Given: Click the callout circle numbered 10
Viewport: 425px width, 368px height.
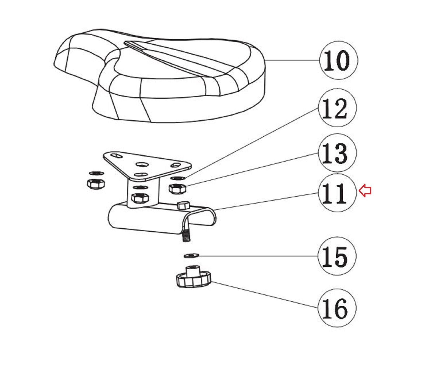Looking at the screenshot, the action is coord(338,60).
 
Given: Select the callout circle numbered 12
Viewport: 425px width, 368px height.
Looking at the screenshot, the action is coord(337,108).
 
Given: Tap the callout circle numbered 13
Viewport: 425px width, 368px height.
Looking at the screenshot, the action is coord(337,153).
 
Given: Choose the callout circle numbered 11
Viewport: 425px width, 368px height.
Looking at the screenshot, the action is coord(337,193).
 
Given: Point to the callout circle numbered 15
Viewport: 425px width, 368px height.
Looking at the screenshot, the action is coord(337,256).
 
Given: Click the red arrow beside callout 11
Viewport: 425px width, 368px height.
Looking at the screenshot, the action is coord(365,191).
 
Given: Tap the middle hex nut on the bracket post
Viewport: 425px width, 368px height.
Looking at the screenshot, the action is coord(140,197).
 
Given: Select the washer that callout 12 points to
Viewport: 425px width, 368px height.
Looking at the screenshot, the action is coord(177,178).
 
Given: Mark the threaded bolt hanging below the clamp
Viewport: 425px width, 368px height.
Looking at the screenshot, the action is coord(186,235).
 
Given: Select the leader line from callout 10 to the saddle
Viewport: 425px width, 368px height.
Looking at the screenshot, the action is coord(292,60).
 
